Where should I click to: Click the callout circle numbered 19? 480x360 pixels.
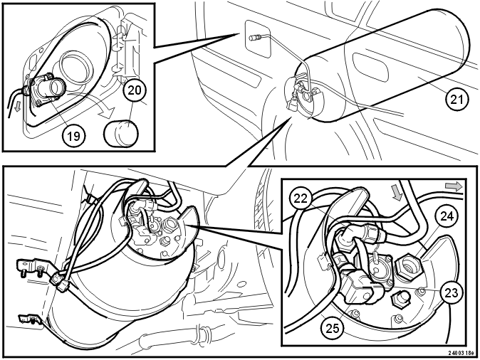[x=73, y=135]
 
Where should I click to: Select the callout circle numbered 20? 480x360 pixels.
[x=135, y=90]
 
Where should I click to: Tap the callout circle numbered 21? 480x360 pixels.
[x=457, y=100]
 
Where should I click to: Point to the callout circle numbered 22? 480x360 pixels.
[x=301, y=198]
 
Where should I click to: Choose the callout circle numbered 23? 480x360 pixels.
[x=452, y=292]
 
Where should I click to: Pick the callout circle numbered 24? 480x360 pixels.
[x=447, y=216]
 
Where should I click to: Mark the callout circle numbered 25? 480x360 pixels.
[x=333, y=329]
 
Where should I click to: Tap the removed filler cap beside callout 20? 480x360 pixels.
[x=122, y=133]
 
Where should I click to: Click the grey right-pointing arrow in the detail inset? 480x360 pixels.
[x=454, y=186]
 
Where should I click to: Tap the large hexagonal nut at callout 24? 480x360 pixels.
[x=409, y=265]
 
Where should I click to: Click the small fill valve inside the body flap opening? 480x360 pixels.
[x=255, y=38]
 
